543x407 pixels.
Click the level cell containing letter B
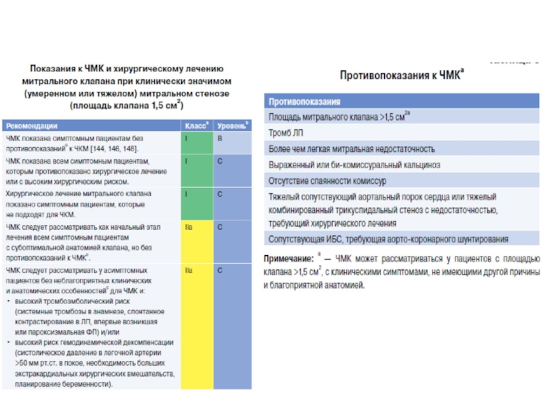(219, 138)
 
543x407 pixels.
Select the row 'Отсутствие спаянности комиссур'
(328, 181)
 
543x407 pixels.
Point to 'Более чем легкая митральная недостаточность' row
(352, 149)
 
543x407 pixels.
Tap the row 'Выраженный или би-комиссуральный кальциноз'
(355, 165)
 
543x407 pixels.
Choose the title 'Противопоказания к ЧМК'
(401, 75)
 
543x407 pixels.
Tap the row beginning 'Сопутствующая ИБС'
(388, 239)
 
